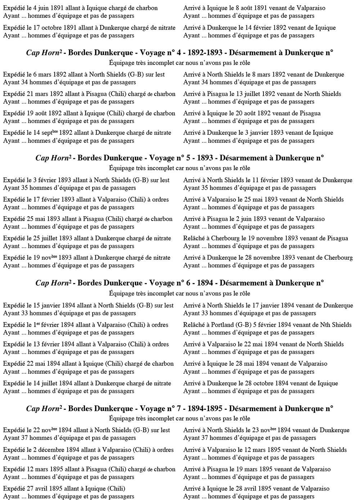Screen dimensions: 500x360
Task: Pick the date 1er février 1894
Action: pyautogui.click(x=53, y=325)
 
